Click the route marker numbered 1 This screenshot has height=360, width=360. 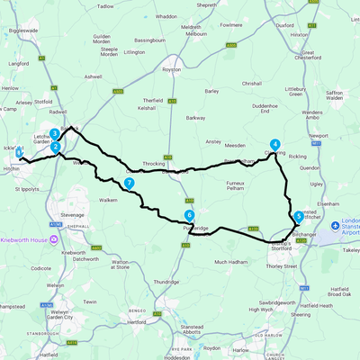(x=19, y=154)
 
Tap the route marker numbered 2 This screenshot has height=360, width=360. (x=55, y=147)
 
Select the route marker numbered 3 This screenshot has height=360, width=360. (x=54, y=133)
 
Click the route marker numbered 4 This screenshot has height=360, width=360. (x=274, y=144)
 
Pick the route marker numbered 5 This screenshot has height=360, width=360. (x=298, y=217)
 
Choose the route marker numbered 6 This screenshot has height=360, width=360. (x=189, y=215)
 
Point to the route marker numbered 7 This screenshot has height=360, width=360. (x=130, y=183)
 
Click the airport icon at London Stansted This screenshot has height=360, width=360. (x=336, y=225)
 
